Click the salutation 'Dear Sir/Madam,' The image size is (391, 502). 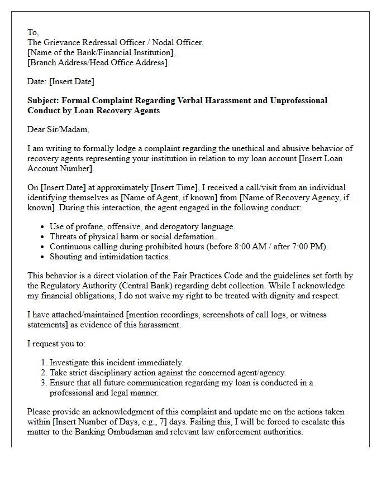point(58,129)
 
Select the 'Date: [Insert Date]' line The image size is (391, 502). point(60,81)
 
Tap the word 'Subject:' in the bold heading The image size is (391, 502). point(44,100)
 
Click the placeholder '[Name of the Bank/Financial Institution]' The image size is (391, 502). point(101,52)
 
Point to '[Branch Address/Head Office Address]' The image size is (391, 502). point(98,62)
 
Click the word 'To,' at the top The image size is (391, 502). point(34,32)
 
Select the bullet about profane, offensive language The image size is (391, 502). point(142,226)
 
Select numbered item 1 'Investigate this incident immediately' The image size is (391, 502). point(116,363)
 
